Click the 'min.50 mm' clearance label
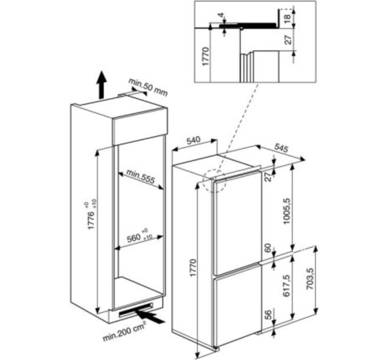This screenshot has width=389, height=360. point(148,87)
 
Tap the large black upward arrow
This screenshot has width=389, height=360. point(101,85)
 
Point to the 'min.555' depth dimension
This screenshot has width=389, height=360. point(140,176)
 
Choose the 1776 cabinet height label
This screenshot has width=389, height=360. point(92,217)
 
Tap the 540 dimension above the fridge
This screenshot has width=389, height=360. point(193,141)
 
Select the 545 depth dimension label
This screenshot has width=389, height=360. point(281,148)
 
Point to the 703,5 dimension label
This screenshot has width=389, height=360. point(310,278)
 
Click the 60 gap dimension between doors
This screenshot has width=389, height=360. point(268,248)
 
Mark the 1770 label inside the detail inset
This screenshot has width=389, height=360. point(206,56)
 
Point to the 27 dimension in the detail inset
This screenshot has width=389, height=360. point(287,39)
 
